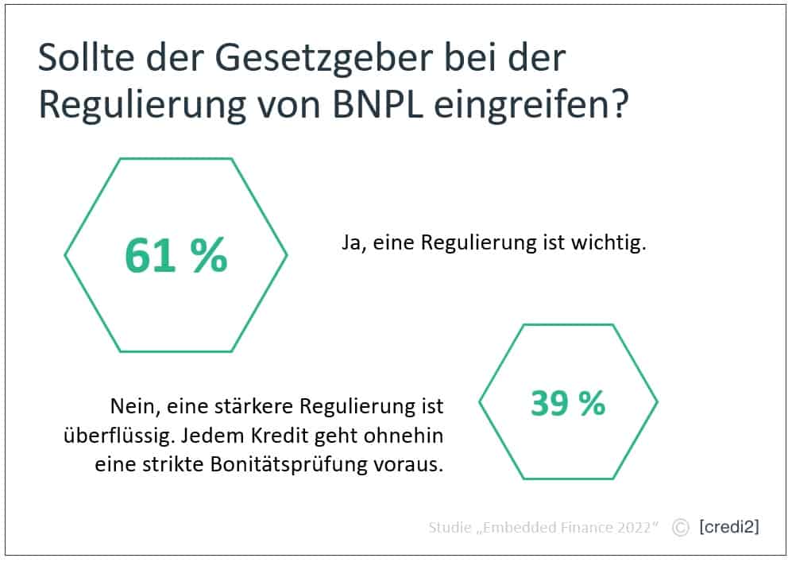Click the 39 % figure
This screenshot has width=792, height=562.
pyautogui.click(x=567, y=404)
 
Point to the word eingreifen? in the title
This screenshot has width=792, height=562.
pyautogui.click(x=531, y=105)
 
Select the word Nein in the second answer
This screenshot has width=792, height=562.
pyautogui.click(x=130, y=408)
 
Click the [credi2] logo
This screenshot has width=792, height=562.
pyautogui.click(x=728, y=527)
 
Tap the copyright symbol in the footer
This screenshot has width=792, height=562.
pyautogui.click(x=680, y=527)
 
